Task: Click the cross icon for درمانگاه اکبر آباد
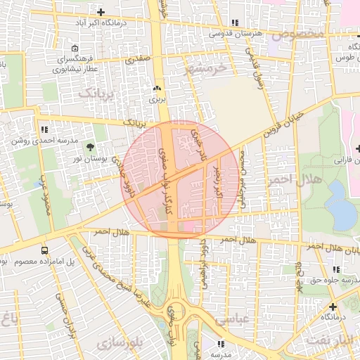pyautogui.click(x=101, y=13)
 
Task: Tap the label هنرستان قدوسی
pyautogui.click(x=240, y=33)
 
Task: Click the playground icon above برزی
pyautogui.click(x=157, y=89)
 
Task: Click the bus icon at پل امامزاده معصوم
pyautogui.click(x=45, y=250)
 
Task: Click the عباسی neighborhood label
pyautogui.click(x=233, y=319)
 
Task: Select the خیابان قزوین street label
pyautogui.click(x=284, y=123)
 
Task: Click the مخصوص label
pyautogui.click(x=300, y=34)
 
